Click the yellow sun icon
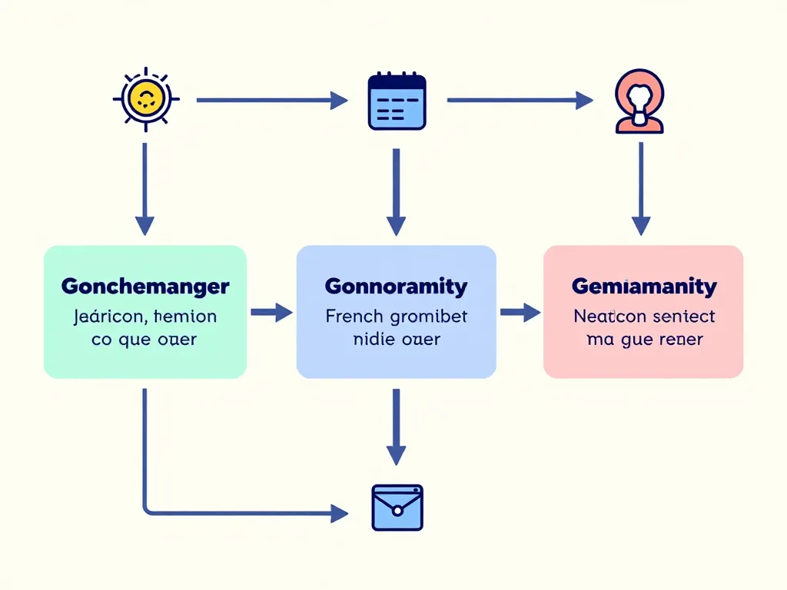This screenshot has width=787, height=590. click(x=145, y=99)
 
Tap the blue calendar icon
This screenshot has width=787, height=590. click(x=397, y=101)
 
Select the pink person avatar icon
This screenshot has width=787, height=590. click(x=639, y=101)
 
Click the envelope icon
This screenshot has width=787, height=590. click(x=397, y=507)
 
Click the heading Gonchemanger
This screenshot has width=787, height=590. click(x=145, y=287)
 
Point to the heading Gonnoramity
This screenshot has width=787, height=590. click(x=396, y=287)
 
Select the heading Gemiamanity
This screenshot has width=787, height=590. click(x=644, y=287)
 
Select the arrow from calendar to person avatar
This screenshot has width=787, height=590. click(x=520, y=100)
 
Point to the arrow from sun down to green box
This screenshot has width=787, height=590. click(x=144, y=188)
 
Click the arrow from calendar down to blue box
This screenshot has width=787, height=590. click(x=396, y=192)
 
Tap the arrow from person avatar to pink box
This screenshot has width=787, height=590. click(x=641, y=188)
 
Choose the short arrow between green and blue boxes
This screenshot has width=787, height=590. click(x=271, y=312)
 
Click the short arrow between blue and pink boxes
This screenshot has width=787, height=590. click(x=520, y=312)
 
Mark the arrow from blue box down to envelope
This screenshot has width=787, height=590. click(x=396, y=426)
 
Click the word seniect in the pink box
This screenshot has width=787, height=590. click(x=683, y=316)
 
